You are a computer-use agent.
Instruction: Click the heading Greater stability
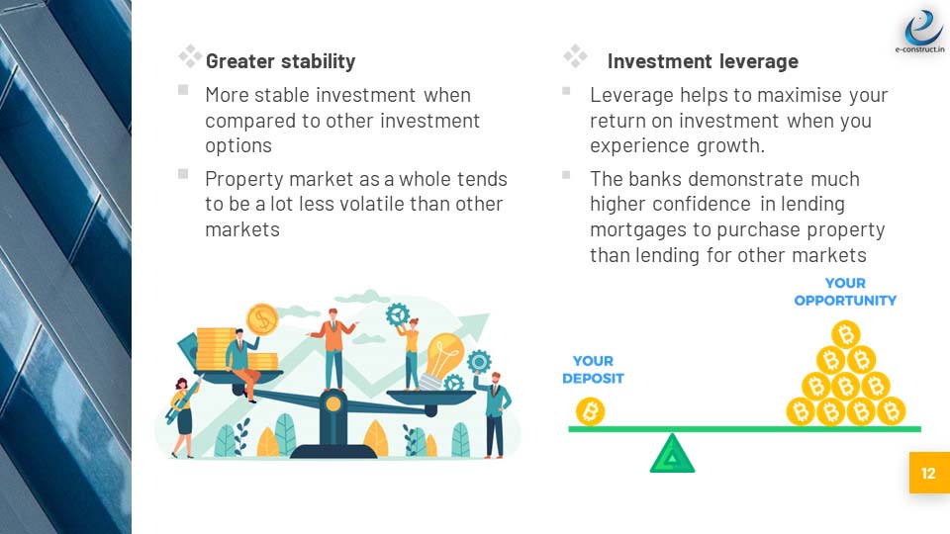click(280, 61)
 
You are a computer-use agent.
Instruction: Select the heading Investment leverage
click(703, 61)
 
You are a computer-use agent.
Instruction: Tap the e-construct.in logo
click(921, 31)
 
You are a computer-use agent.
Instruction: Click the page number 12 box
click(929, 473)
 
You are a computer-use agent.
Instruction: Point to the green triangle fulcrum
click(672, 454)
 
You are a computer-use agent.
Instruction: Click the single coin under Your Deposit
click(590, 411)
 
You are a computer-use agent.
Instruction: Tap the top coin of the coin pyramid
click(846, 334)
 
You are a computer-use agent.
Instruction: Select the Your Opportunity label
click(845, 292)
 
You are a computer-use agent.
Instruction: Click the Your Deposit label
click(593, 369)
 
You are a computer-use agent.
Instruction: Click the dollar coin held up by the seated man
click(261, 319)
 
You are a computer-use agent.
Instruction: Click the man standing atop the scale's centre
click(332, 349)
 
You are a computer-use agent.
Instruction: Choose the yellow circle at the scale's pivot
click(332, 403)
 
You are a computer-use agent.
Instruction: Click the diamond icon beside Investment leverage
click(575, 56)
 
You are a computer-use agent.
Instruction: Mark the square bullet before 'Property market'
click(183, 174)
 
